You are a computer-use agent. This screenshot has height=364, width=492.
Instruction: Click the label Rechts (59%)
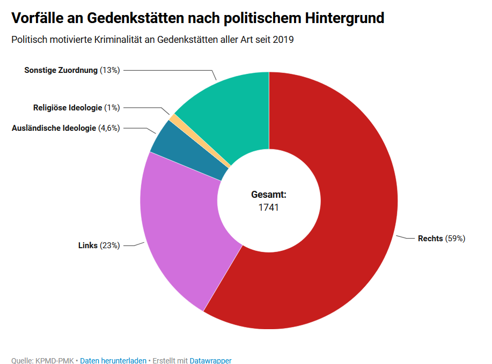(x=441, y=239)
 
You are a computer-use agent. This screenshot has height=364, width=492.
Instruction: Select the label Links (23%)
(x=99, y=246)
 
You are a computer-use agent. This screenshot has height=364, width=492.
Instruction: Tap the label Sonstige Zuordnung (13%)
(x=72, y=70)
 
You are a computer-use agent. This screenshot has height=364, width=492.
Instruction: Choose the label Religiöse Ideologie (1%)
(x=76, y=108)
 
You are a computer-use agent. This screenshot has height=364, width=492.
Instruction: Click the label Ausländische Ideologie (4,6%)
(x=65, y=128)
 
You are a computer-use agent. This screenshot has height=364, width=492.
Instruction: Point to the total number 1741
(x=269, y=207)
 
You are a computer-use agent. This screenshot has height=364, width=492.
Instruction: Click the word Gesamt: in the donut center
(x=269, y=195)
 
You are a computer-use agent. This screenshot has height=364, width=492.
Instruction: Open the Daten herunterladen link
(x=113, y=361)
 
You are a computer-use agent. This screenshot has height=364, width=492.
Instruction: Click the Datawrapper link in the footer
(x=210, y=361)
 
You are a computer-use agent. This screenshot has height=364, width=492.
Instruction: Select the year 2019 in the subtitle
(x=283, y=40)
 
